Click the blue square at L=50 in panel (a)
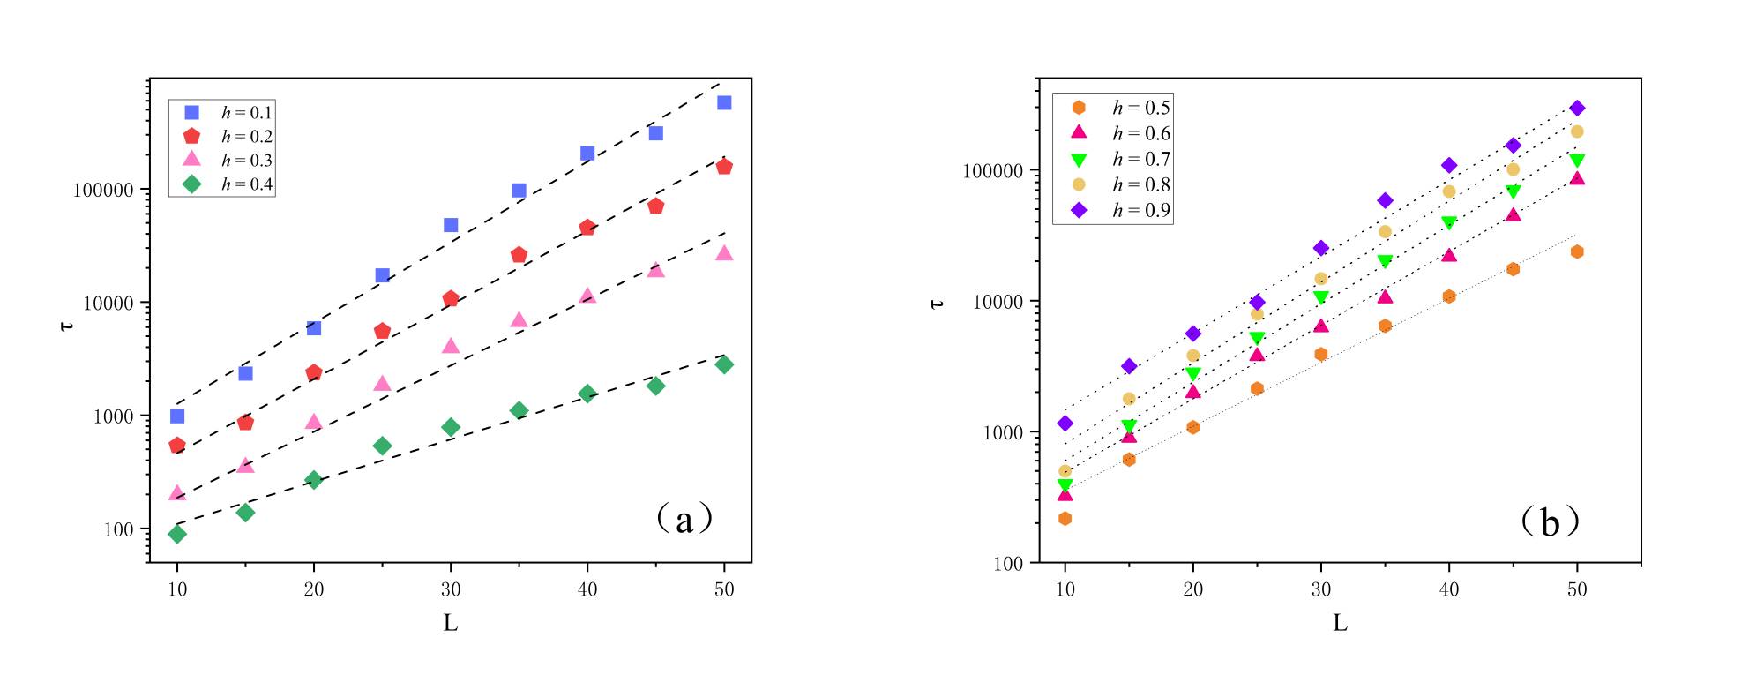pos(724,103)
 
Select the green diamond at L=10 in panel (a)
pos(177,534)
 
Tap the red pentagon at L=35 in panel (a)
pos(519,255)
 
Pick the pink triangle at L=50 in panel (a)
pos(724,253)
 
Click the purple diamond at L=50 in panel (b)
pos(1577,109)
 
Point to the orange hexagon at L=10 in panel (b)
pos(1065,519)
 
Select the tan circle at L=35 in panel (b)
pos(1385,232)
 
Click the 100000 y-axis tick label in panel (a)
pos(103,191)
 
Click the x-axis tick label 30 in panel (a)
pos(451,590)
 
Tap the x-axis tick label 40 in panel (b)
pos(1449,590)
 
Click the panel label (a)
pos(684,519)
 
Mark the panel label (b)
pos(1550,523)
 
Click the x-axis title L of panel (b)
pos(1340,624)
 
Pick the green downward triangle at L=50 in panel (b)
pos(1577,161)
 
